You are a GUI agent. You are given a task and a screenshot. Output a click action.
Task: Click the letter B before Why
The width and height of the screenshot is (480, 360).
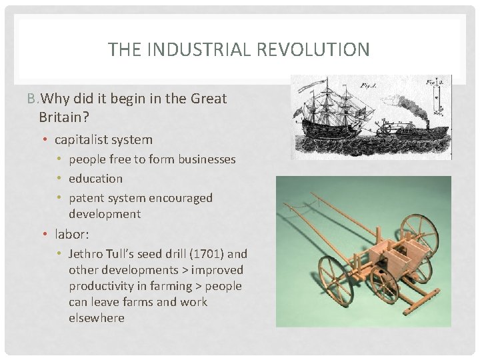pos(31,99)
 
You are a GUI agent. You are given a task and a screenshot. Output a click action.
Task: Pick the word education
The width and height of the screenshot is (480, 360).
pos(96,179)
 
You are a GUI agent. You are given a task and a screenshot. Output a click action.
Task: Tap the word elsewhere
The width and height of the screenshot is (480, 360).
pos(97,318)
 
